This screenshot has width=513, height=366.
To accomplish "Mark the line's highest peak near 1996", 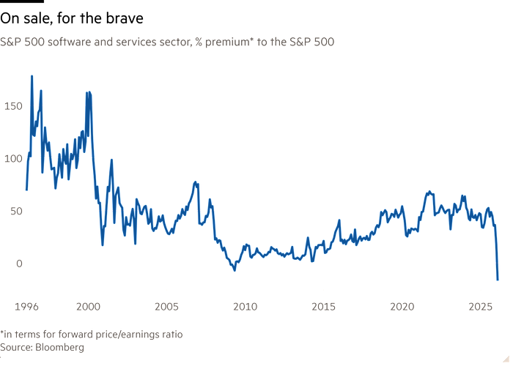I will pos(32,75).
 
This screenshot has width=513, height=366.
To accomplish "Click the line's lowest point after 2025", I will pos(498,280).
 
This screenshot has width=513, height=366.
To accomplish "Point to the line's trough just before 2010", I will pos(235,271).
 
